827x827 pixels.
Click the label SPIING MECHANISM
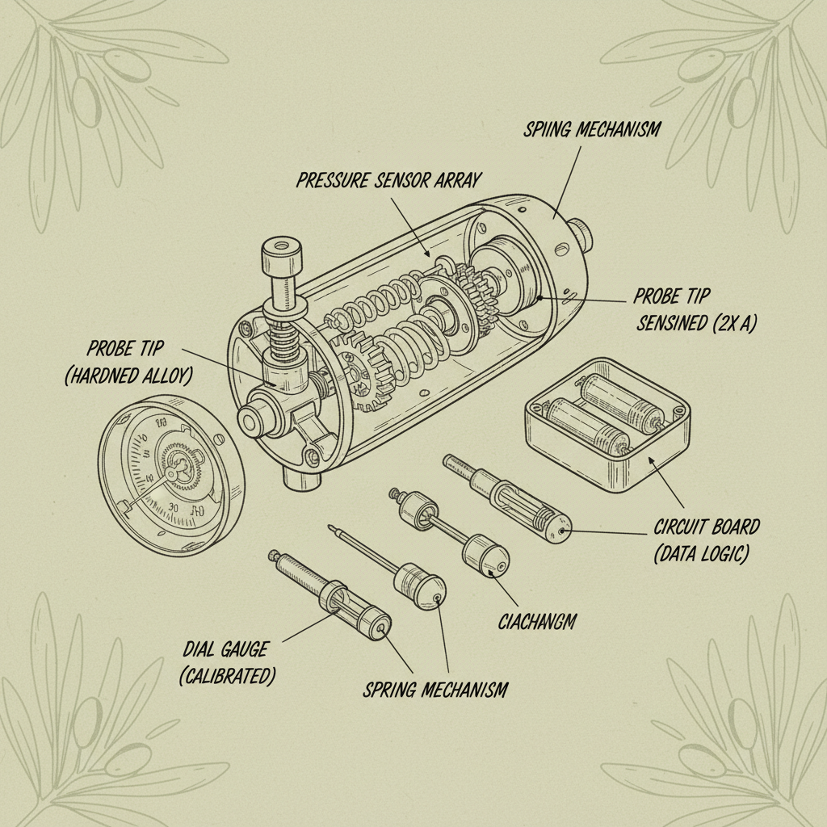click(592, 128)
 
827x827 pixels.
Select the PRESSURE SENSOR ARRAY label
click(388, 179)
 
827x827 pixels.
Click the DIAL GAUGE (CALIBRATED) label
click(226, 661)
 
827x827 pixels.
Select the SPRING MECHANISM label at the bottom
click(434, 690)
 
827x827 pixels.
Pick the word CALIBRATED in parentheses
click(227, 674)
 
